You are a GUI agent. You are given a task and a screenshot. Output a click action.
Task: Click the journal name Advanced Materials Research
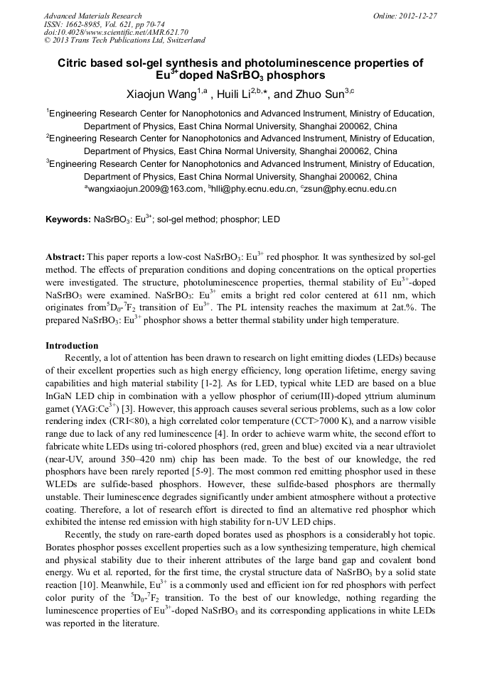point(92,16)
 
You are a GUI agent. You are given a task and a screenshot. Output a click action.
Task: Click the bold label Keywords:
point(68,220)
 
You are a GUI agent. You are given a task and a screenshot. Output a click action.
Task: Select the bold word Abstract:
point(65,256)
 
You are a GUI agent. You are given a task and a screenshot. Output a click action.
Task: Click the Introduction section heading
point(72,346)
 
